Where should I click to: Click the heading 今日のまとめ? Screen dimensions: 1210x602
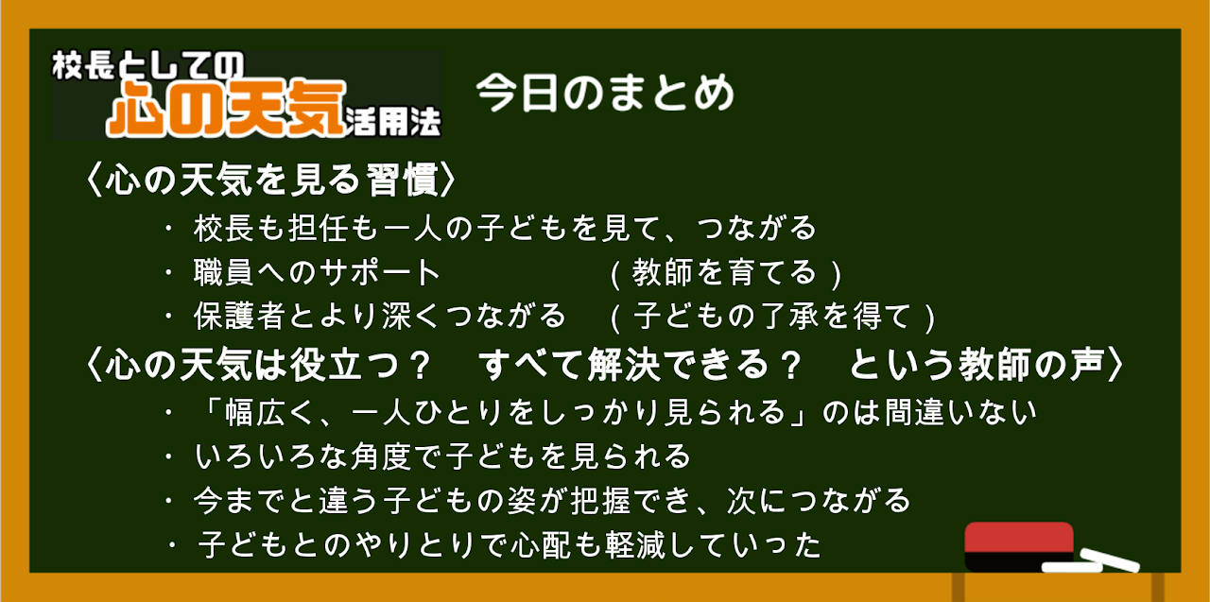(605, 93)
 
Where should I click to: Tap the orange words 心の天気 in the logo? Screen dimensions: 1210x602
(226, 108)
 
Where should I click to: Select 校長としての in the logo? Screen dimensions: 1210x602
(148, 65)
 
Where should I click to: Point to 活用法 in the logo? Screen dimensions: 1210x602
(393, 122)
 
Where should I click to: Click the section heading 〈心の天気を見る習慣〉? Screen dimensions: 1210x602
(271, 180)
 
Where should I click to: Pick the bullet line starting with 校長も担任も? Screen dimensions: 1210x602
(505, 228)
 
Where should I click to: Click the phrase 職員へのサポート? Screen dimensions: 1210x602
(317, 272)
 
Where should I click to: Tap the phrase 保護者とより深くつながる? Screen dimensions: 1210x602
(380, 316)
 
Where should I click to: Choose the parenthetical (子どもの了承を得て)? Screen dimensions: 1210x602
(772, 317)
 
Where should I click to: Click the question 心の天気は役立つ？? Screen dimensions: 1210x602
(268, 365)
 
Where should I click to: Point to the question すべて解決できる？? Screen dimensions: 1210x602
(641, 365)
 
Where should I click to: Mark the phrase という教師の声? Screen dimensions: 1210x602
(977, 365)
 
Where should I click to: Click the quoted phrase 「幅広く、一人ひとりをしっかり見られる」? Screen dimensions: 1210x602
(506, 413)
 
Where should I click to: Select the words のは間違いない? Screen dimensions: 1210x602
(929, 413)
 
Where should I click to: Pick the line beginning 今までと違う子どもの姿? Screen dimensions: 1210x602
(552, 501)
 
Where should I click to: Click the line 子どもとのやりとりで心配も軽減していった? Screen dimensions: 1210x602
(510, 544)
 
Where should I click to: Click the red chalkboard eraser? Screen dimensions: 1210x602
(1019, 547)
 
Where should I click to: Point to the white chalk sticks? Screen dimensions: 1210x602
(1091, 561)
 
